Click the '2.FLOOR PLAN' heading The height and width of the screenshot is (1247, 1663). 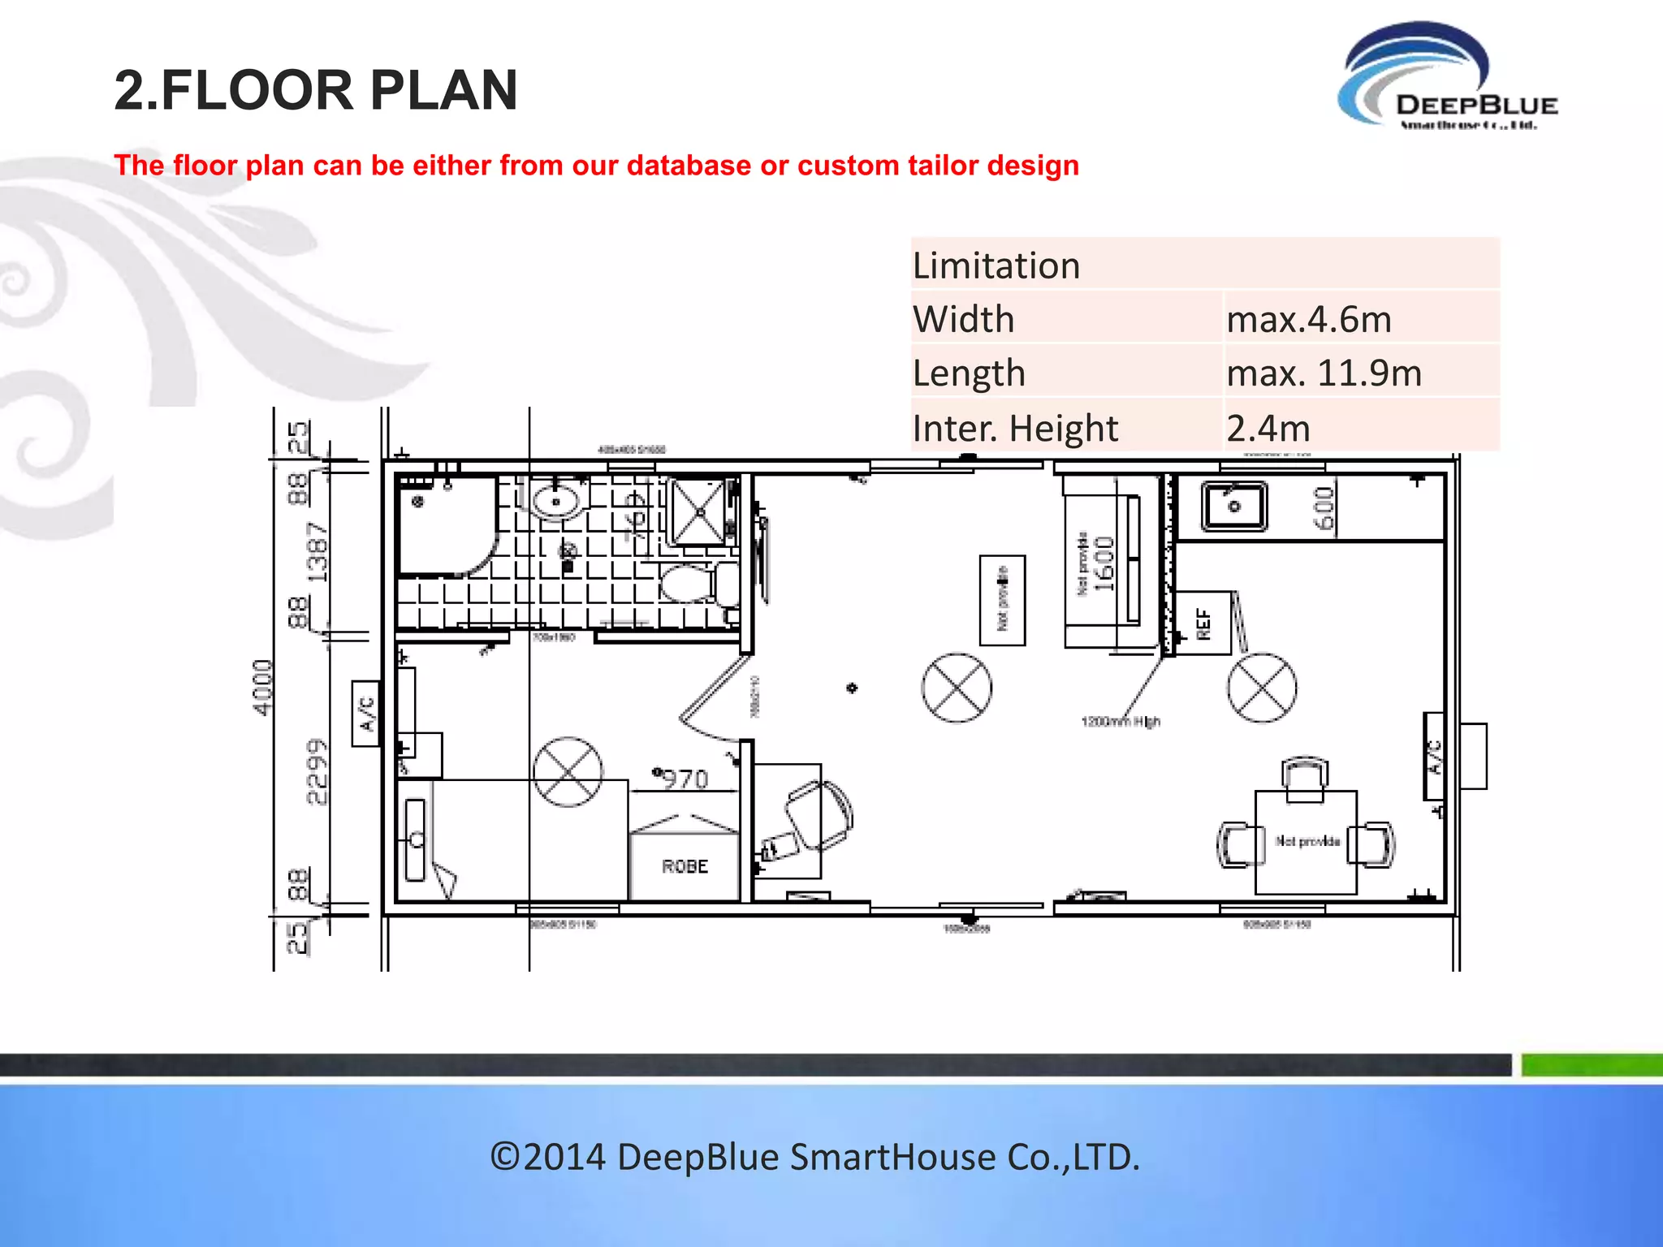click(x=316, y=89)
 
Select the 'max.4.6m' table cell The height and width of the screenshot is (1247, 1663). click(x=1309, y=319)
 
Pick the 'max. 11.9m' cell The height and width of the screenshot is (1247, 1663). click(x=1324, y=373)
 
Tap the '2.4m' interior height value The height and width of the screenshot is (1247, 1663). click(x=1268, y=428)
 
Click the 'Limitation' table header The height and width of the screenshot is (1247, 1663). click(x=996, y=265)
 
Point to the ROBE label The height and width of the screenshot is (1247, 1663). click(x=685, y=867)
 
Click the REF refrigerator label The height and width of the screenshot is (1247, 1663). click(x=1203, y=623)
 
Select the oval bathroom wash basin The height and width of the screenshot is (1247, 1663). click(x=556, y=502)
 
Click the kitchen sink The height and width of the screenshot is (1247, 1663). click(x=1233, y=506)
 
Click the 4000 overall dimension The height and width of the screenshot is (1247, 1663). click(x=262, y=687)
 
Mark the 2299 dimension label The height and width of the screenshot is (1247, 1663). click(x=317, y=771)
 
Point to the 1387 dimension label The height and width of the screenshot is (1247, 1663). click(x=317, y=553)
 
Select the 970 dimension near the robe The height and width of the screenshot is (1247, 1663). click(x=685, y=779)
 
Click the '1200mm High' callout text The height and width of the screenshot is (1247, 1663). click(x=1121, y=721)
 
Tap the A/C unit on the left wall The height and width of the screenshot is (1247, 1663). click(x=365, y=713)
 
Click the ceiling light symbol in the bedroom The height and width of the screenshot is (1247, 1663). click(x=568, y=771)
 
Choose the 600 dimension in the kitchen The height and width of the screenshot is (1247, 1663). click(x=1324, y=509)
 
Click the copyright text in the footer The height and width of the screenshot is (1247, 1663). click(x=815, y=1157)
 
